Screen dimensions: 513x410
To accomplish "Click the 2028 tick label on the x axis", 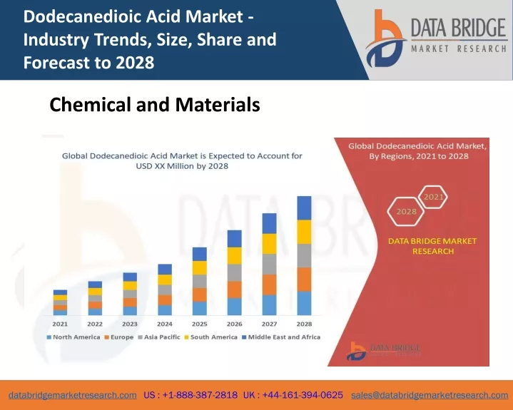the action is (304, 324).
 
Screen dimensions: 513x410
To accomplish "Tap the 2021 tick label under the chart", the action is (60, 324).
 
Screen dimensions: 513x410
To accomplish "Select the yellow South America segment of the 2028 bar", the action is (304, 232).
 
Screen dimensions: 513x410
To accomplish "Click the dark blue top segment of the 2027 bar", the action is (269, 223).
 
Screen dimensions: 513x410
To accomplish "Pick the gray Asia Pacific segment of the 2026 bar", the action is (235, 272).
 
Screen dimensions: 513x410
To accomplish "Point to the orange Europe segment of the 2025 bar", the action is (200, 294).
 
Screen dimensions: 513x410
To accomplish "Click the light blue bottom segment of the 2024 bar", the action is (165, 310).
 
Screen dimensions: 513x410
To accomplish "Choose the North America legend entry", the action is (73, 337).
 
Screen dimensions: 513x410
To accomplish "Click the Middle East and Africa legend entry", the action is (281, 337).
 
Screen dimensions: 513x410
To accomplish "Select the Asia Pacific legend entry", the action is (159, 337).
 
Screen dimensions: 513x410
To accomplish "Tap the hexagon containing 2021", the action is (433, 197).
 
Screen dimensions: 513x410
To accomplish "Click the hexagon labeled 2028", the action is (406, 211).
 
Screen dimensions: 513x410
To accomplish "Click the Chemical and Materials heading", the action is (155, 105).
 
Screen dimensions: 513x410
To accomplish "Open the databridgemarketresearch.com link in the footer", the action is (73, 395).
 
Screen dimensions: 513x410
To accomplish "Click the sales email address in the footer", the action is (430, 395).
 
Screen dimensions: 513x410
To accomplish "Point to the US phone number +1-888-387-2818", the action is (191, 395).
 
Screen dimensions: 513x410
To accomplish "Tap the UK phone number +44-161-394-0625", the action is (293, 395).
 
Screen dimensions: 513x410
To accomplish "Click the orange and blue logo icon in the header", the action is (385, 39).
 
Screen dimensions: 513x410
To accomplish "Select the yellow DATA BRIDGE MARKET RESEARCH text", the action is (432, 246).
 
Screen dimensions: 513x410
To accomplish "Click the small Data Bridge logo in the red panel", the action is (383, 351).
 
